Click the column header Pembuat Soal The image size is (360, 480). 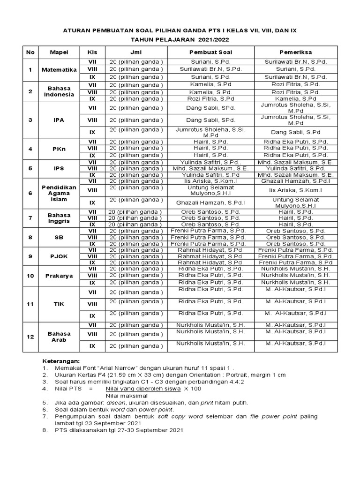tap(210, 52)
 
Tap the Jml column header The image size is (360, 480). tap(136, 52)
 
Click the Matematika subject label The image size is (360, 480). tap(59, 69)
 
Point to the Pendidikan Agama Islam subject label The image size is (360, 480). tap(59, 193)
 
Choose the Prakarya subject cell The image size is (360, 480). tap(59, 276)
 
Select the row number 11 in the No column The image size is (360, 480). tap(30, 304)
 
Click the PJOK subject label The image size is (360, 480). tap(59, 256)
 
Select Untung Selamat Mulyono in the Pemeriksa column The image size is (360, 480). tap(295, 202)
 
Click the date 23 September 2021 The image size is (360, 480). tap(120, 422)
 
